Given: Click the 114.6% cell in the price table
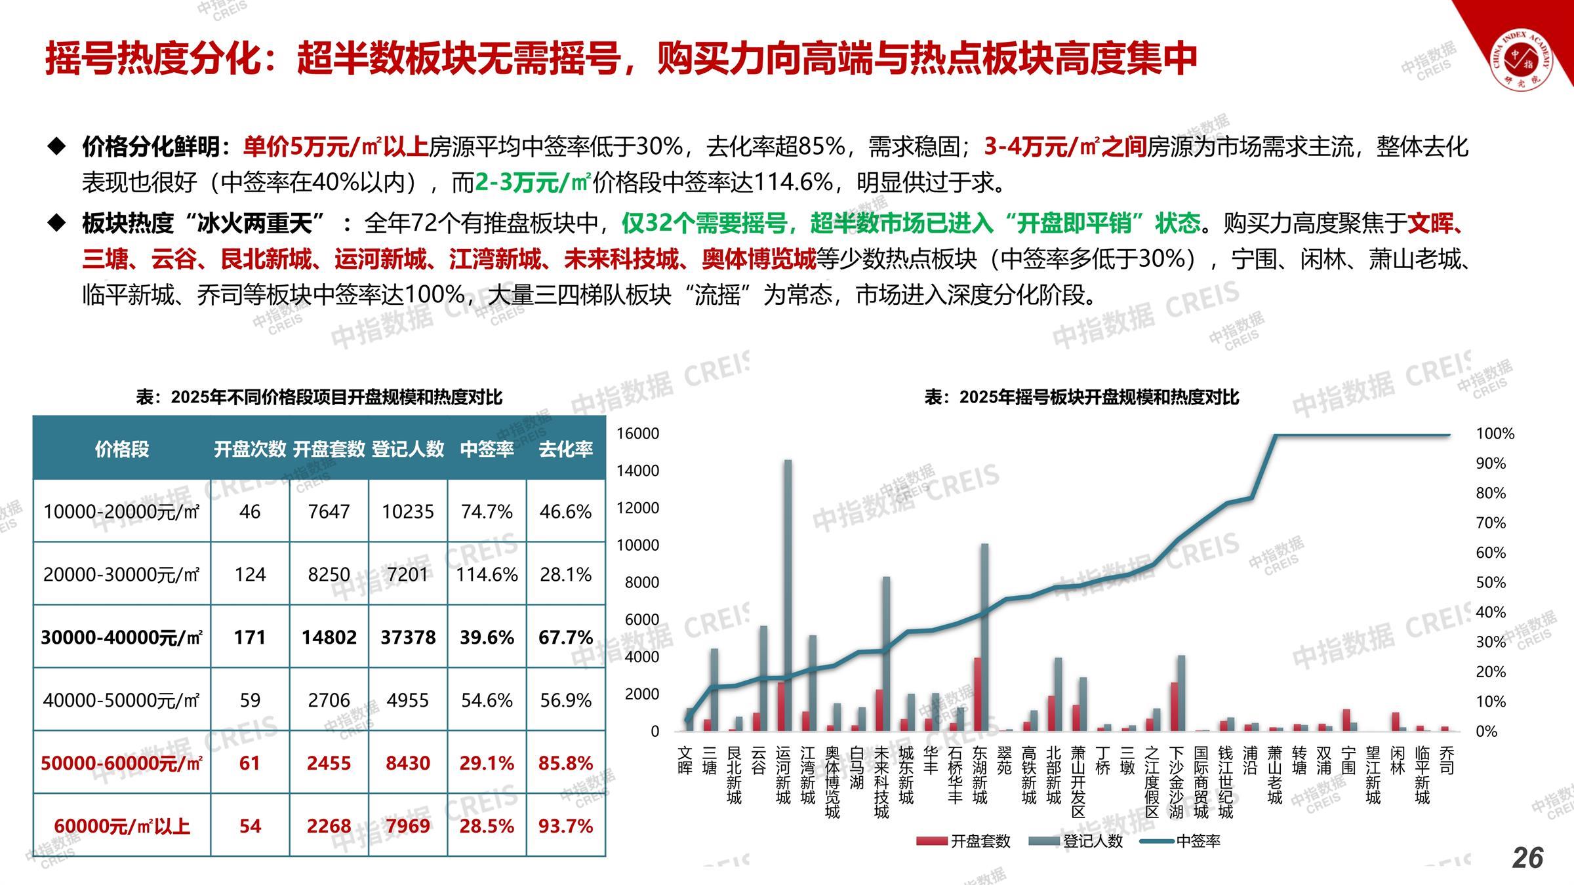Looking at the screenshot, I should click(x=487, y=574).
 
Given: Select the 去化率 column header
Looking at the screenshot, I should click(x=565, y=449).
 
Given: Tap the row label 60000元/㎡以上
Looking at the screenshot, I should click(x=122, y=826).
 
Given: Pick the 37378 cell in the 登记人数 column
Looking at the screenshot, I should click(x=408, y=637).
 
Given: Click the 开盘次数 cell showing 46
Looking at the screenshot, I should click(x=250, y=511).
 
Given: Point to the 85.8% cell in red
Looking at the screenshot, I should click(x=565, y=763).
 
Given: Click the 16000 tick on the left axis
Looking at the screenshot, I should click(x=637, y=433).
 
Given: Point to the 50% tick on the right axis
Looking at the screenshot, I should click(x=1490, y=582).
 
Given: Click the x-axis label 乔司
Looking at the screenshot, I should click(x=1446, y=760).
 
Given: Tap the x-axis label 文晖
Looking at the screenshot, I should click(x=685, y=760).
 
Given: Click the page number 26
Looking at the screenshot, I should click(x=1527, y=857).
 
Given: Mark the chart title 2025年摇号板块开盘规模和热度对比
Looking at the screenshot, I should click(x=1082, y=397).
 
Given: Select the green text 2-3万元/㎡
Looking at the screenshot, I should click(x=533, y=182).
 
